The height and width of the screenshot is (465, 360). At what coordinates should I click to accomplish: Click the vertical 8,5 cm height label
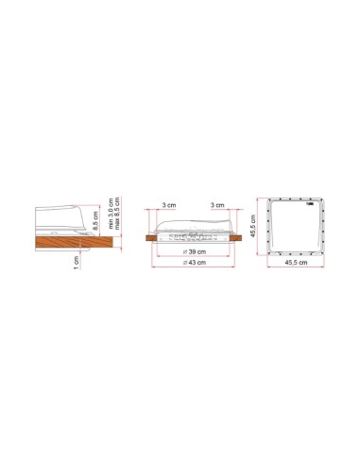95,220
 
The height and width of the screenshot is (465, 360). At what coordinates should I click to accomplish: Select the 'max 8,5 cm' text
117,214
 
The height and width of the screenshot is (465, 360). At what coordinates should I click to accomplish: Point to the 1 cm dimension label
76,263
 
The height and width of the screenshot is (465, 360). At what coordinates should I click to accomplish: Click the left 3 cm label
169,205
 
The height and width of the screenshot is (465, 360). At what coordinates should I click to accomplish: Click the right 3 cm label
217,205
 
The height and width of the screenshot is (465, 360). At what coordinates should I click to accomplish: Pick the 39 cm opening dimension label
195,251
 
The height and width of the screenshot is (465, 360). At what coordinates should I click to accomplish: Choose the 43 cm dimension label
195,262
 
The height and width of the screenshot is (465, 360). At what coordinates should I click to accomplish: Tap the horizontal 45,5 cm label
296,262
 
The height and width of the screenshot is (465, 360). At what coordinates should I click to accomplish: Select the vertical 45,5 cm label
253,226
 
